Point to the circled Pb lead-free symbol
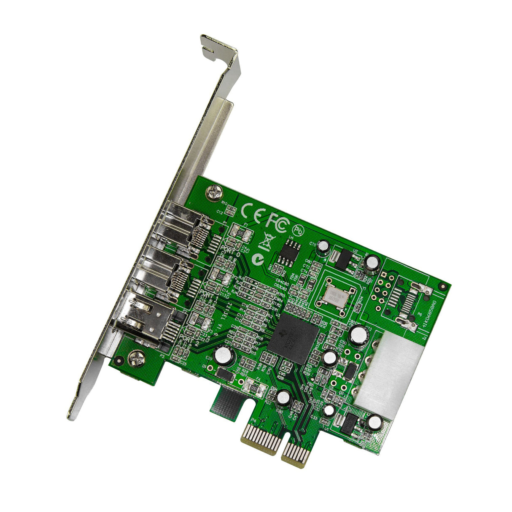click(x=298, y=230)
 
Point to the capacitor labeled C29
click(x=222, y=355)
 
